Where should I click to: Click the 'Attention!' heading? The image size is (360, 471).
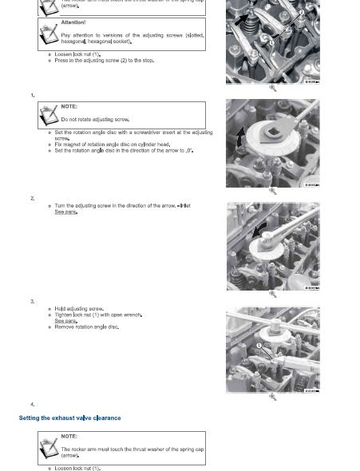point(73,22)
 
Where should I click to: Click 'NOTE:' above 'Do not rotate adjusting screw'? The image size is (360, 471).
point(69,106)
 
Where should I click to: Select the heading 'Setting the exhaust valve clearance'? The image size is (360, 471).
point(70,418)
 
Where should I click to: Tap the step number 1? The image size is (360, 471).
point(33,95)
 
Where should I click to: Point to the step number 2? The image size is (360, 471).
point(33,198)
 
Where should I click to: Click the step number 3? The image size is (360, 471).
point(33,301)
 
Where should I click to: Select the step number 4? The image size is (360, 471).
point(33,405)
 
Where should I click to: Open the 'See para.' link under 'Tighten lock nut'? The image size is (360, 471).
point(65,321)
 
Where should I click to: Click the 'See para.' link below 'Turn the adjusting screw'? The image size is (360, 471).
point(65,212)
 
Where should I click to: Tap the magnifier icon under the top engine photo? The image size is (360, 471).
point(273,89)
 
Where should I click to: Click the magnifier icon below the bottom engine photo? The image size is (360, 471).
point(273,398)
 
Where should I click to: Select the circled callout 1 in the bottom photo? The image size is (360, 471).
point(259,346)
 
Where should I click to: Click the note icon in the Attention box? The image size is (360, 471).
point(49,31)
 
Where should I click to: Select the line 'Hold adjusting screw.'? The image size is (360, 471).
point(79,308)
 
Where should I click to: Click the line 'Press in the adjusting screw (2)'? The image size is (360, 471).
point(104,61)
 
